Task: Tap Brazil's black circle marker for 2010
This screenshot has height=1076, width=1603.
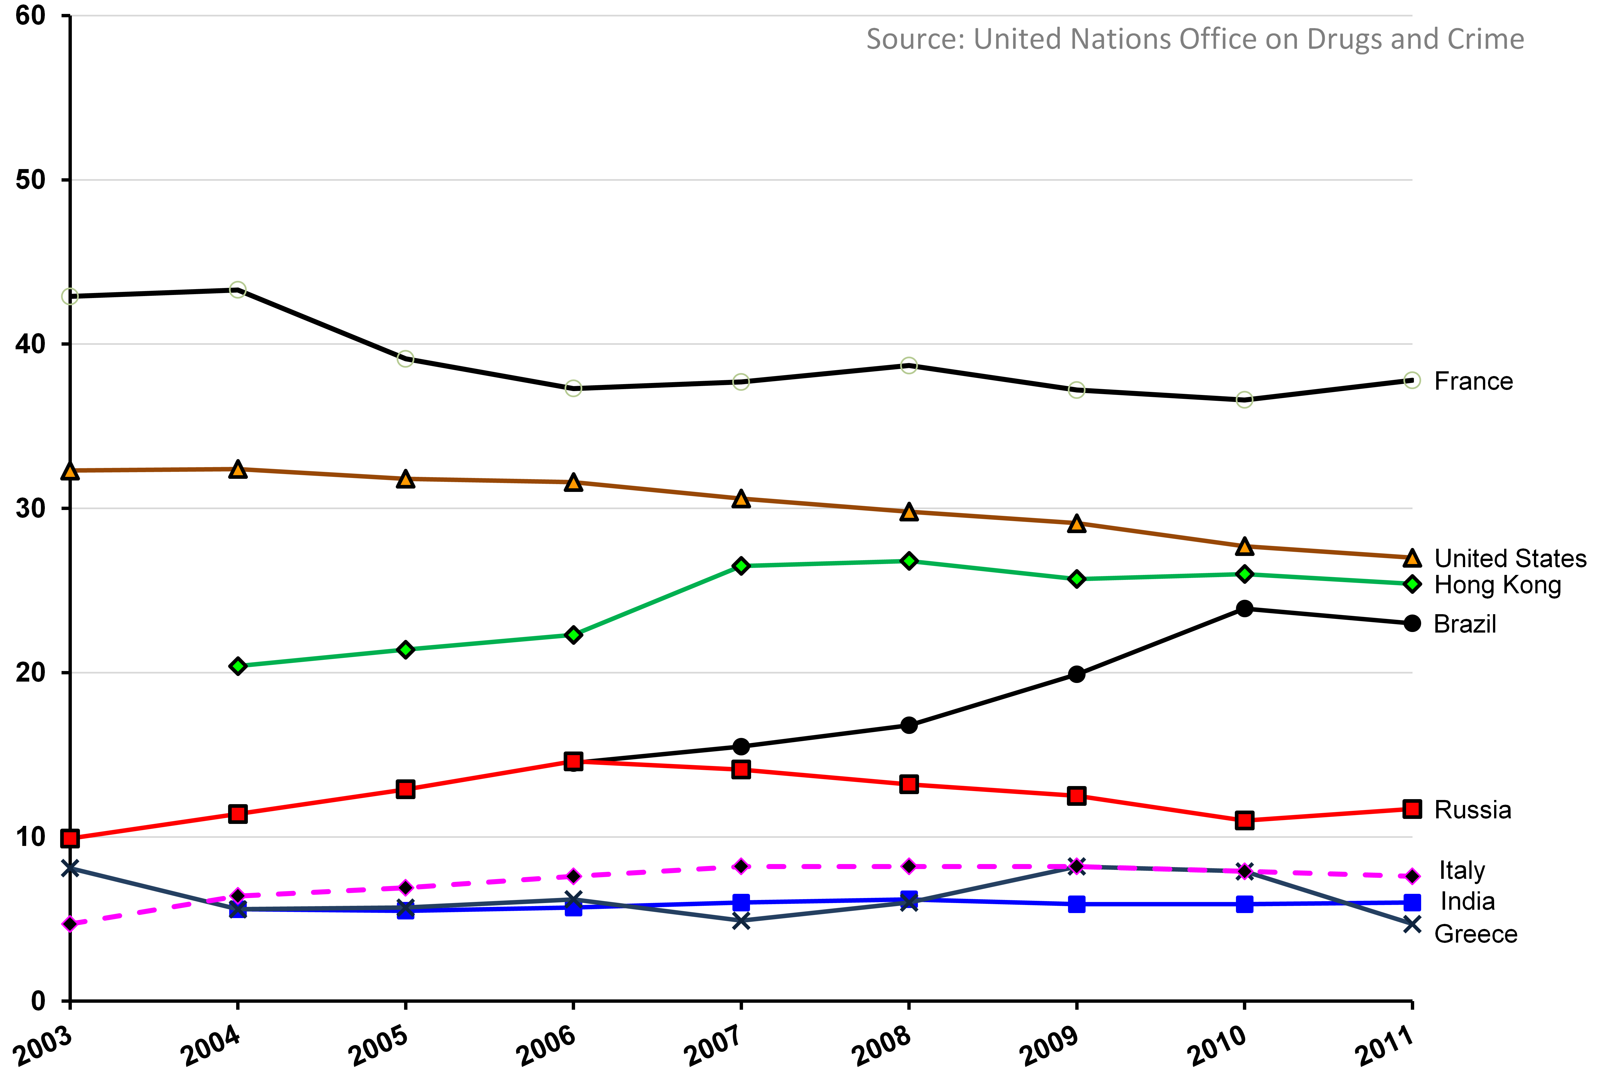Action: click(1244, 609)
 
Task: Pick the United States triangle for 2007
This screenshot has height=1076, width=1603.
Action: click(741, 499)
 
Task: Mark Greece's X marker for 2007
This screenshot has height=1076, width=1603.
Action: click(741, 921)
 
